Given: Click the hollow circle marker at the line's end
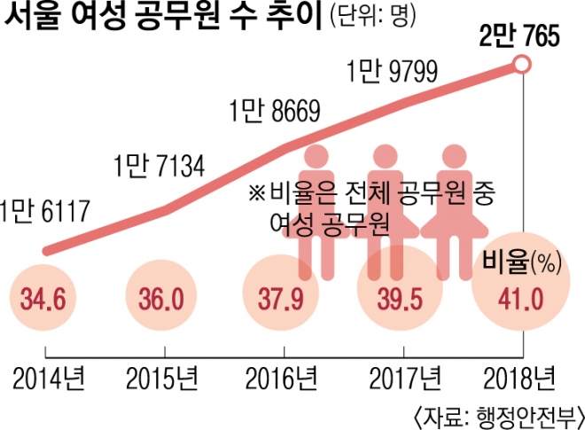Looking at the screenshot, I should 522,65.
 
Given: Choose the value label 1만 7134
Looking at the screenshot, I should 160,165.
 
